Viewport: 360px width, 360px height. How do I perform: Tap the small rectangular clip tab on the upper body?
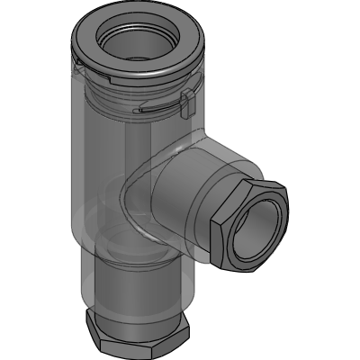point(186,102)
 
